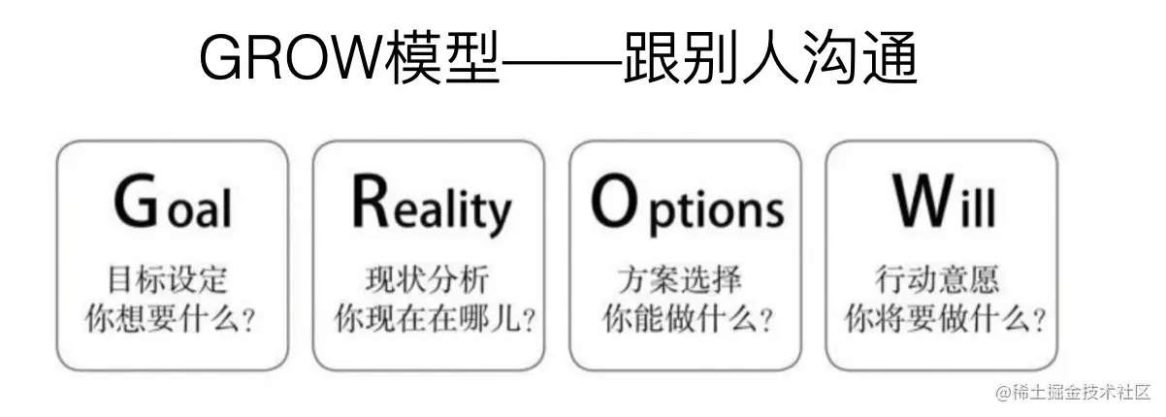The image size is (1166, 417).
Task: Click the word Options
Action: [687, 205]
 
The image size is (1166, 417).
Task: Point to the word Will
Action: [944, 204]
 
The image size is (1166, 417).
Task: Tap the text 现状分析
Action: [427, 281]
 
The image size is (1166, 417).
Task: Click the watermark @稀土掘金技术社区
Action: [1072, 393]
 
